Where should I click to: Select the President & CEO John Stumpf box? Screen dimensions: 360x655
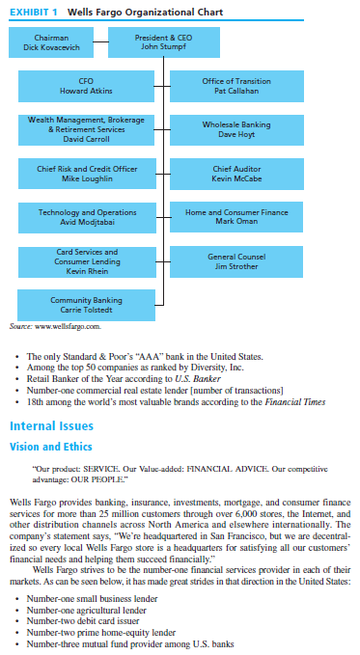coord(151,42)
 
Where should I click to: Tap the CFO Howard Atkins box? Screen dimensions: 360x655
coord(87,86)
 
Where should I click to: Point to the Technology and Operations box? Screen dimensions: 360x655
coord(87,217)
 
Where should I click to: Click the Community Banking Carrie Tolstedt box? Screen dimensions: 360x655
coord(87,306)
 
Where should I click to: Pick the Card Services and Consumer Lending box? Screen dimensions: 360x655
coord(87,261)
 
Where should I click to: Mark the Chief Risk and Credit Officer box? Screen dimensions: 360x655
coord(87,174)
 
